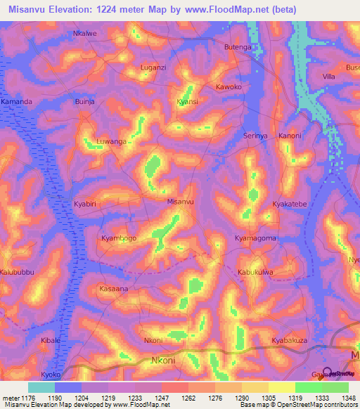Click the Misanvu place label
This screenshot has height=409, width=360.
180,202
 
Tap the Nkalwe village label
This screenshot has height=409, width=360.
84,33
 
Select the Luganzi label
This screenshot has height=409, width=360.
153,67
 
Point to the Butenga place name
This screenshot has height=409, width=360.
237,47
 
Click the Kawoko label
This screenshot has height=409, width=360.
229,87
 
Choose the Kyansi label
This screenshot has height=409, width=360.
187,102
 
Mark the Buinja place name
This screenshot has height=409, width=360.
84,102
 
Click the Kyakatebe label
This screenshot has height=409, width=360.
290,204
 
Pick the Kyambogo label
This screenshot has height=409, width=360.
119,238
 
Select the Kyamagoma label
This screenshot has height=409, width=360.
255,239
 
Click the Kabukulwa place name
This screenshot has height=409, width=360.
255,272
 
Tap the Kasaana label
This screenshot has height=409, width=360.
114,289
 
